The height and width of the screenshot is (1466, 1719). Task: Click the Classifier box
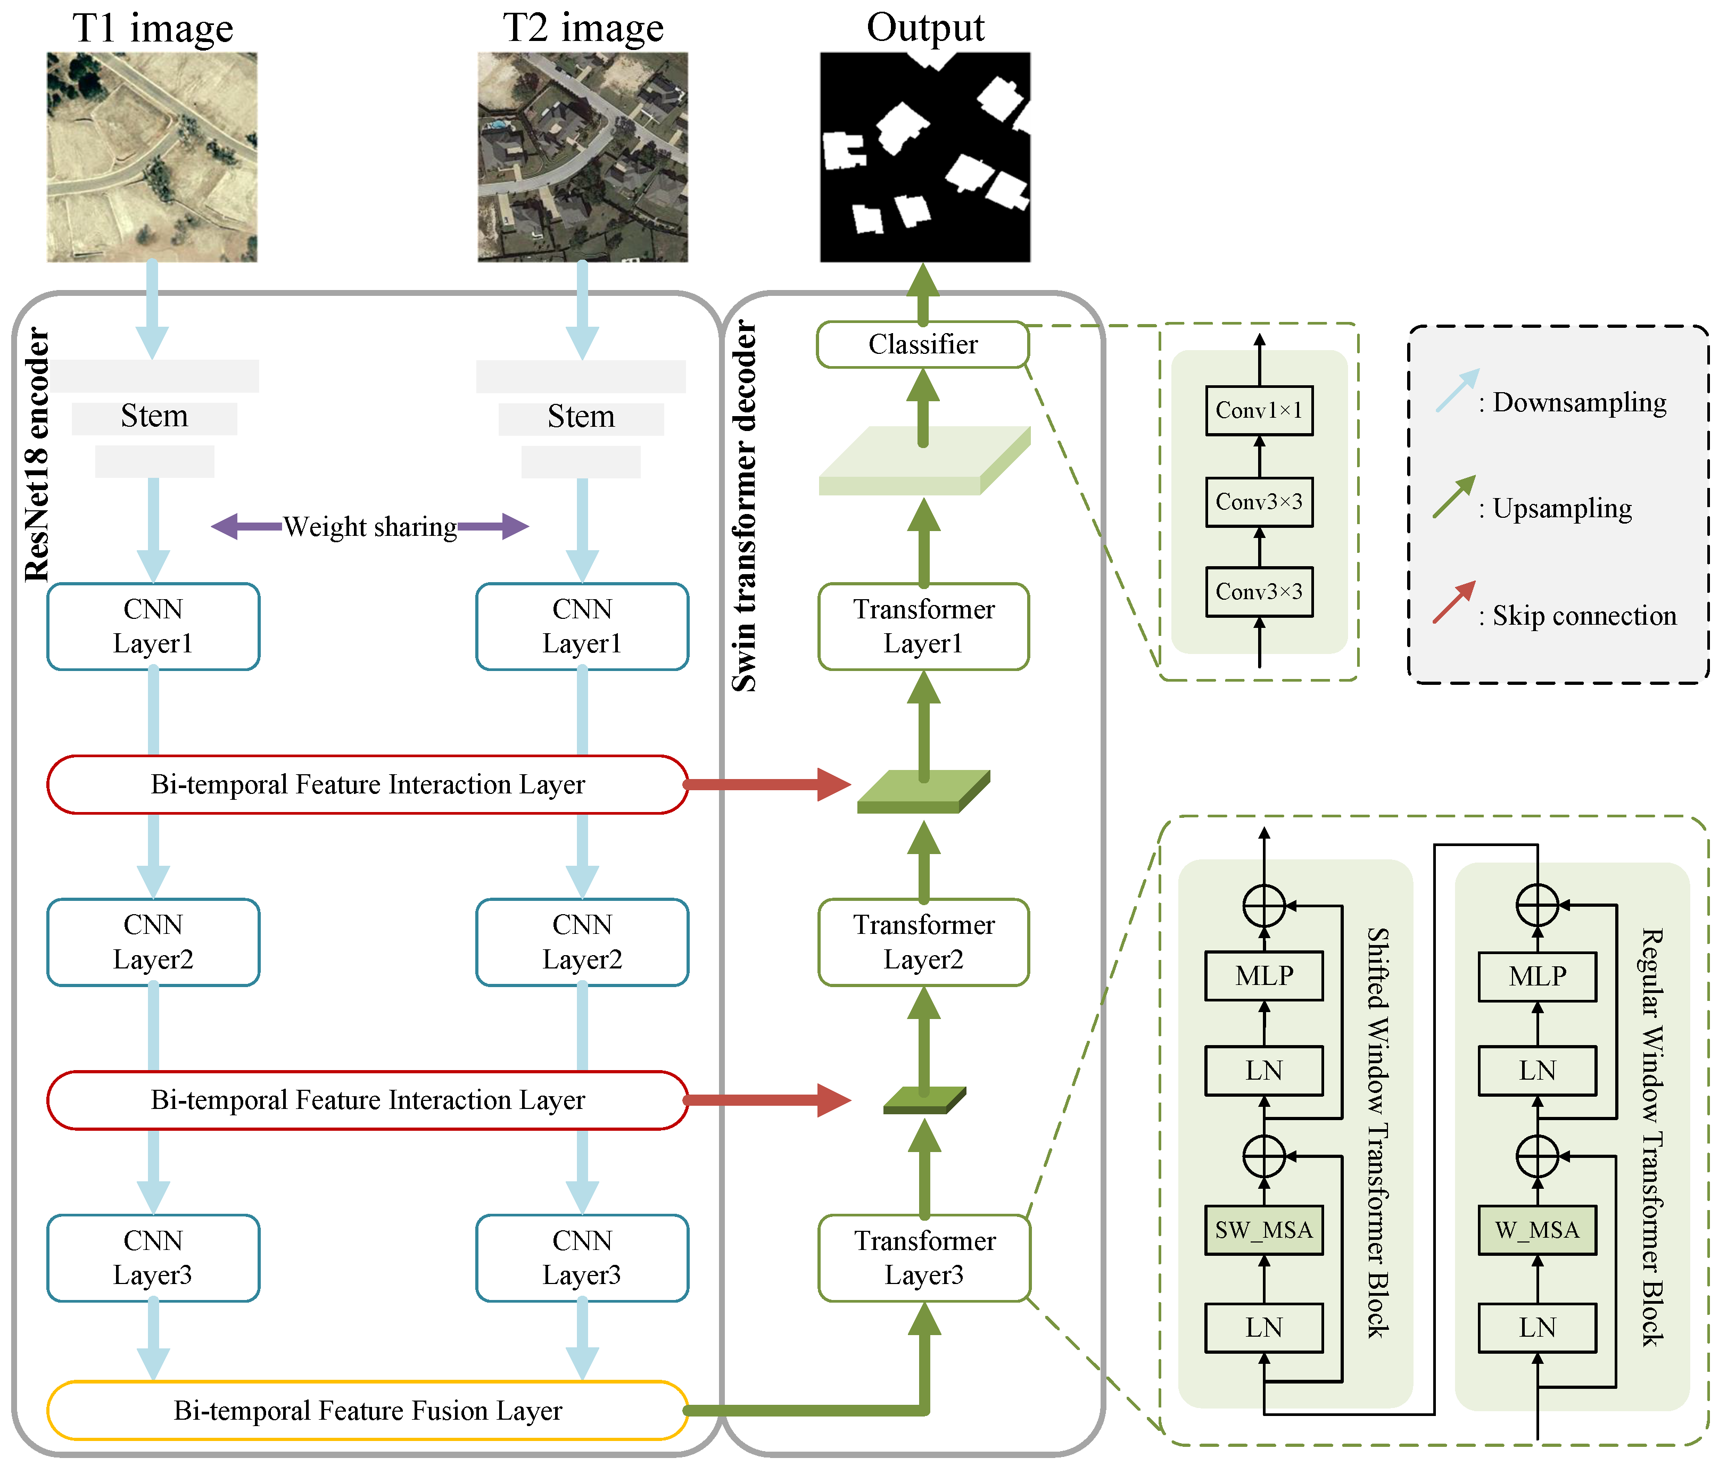click(922, 344)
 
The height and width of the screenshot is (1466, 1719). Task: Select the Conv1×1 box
click(1259, 410)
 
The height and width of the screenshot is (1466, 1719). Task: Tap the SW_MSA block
click(1263, 1230)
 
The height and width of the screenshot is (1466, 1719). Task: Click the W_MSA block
click(1536, 1230)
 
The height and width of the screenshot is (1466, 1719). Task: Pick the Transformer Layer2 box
click(923, 942)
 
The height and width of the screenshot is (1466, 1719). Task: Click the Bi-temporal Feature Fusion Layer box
click(368, 1411)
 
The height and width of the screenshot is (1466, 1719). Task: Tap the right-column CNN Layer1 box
click(582, 626)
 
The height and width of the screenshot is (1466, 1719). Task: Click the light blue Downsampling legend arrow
click(1457, 391)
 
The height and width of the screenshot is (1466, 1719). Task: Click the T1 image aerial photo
click(152, 157)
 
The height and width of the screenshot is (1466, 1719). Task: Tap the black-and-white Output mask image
click(925, 157)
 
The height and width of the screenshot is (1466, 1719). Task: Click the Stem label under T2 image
click(581, 417)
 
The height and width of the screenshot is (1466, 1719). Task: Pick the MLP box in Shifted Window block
click(1263, 976)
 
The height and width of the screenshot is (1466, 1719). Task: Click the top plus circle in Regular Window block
click(1536, 905)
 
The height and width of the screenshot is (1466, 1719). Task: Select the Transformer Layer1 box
click(923, 626)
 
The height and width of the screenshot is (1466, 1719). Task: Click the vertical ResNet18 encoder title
click(37, 454)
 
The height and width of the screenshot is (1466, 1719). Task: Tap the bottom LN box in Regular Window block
click(1536, 1328)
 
